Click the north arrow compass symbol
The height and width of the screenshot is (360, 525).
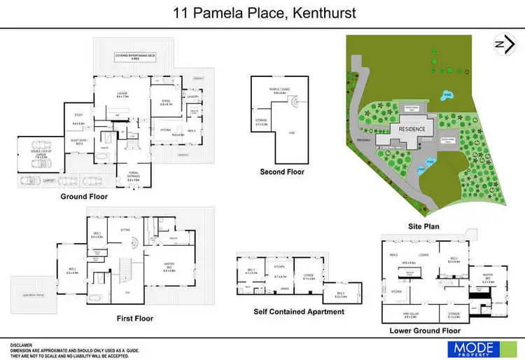501,43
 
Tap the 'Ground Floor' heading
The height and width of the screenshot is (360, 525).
83,197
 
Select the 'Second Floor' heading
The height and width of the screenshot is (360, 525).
282,172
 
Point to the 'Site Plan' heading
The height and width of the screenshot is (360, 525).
423,226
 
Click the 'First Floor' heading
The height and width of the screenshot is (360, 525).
135,318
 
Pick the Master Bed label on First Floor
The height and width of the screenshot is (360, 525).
169,264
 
